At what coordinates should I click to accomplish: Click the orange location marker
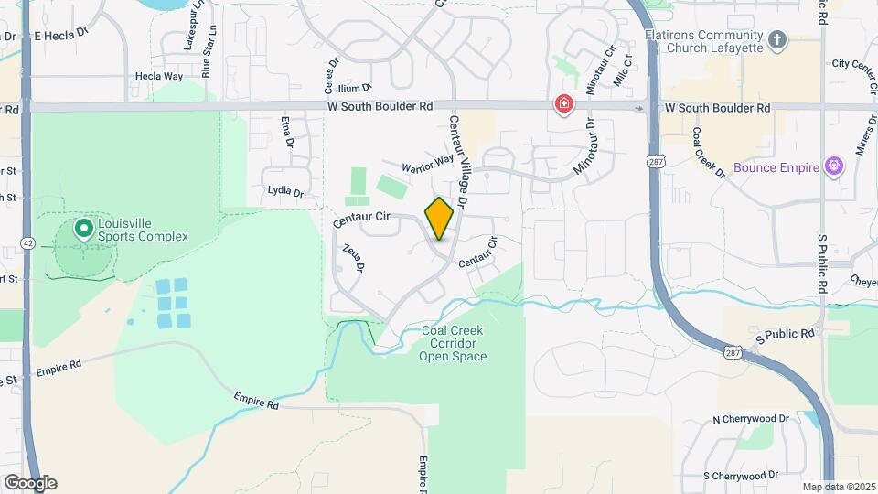click(440, 219)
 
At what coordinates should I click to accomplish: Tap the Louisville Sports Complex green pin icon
click(84, 227)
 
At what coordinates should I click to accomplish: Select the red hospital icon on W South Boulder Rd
click(565, 105)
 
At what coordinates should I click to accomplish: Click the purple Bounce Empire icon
click(833, 166)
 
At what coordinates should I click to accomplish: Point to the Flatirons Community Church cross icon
click(777, 39)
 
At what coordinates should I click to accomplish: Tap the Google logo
click(30, 482)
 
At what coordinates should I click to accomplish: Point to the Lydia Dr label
click(285, 191)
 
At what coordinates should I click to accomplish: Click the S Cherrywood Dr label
click(741, 476)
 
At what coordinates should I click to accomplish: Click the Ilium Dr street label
click(355, 88)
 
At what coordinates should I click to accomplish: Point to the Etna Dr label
click(288, 132)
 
